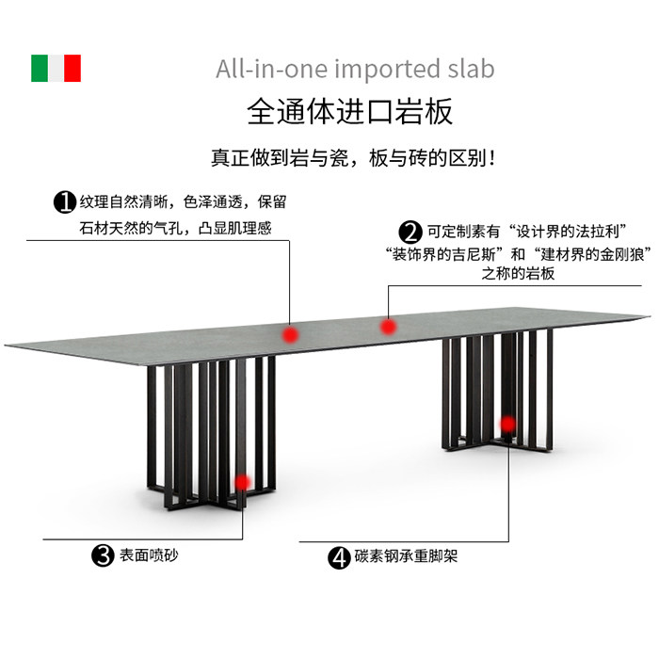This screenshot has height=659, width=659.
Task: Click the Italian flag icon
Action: [x=56, y=69]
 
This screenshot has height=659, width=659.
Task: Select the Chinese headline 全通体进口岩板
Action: [x=350, y=111]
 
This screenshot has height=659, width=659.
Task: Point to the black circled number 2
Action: [x=410, y=232]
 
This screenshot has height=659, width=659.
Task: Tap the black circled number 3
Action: [x=103, y=555]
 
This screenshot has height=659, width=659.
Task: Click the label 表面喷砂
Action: [x=149, y=555]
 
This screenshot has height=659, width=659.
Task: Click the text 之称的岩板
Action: [x=518, y=274]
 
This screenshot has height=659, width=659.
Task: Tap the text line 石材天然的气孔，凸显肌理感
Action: [x=175, y=228]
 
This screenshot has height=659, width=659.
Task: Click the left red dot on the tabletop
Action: [x=291, y=333]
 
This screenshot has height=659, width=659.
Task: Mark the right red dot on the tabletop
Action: [x=388, y=327]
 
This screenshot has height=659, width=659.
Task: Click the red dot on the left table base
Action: [x=242, y=482]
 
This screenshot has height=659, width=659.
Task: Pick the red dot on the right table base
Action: [x=508, y=425]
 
